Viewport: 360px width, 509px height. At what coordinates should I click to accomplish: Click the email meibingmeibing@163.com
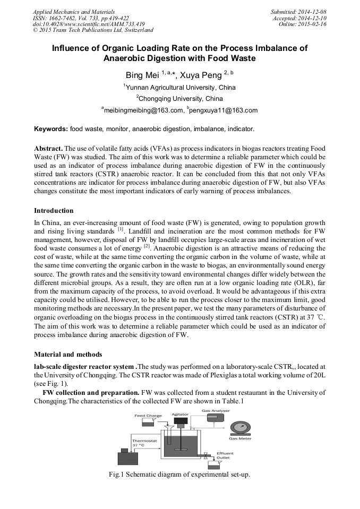point(142,110)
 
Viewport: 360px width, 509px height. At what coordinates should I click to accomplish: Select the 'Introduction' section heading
point(54,211)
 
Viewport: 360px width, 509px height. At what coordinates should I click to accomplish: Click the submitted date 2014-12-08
point(309,11)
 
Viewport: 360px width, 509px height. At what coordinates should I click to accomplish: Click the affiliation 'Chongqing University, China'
point(181,99)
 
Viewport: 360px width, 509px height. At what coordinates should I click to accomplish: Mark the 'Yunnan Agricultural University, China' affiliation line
point(180,87)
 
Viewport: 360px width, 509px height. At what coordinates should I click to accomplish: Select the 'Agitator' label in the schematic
point(181,414)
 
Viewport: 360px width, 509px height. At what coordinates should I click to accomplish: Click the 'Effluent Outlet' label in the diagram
point(225,456)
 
